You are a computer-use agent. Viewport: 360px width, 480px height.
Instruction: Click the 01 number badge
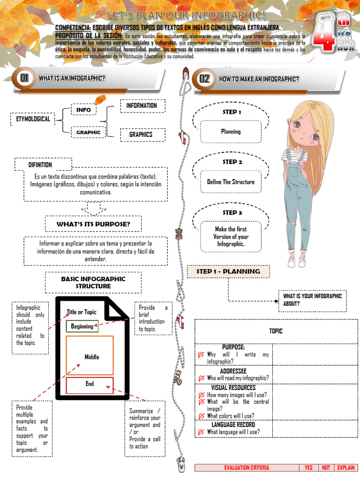(24, 78)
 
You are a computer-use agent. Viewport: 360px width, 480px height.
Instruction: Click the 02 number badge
(205, 79)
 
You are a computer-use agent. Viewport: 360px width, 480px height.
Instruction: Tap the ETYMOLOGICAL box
(30, 119)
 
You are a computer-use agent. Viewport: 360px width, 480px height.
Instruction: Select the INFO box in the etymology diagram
(83, 110)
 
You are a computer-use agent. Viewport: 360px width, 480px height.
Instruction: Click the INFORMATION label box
(142, 106)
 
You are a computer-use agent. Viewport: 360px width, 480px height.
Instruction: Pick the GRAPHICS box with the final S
(141, 135)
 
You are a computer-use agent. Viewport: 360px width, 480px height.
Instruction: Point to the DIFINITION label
(40, 165)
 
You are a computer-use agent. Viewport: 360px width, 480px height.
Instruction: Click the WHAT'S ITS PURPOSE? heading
(93, 224)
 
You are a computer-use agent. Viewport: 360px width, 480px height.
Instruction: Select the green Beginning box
(82, 326)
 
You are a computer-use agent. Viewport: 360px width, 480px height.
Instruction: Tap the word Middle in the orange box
(92, 357)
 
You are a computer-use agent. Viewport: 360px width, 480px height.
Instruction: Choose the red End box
(90, 384)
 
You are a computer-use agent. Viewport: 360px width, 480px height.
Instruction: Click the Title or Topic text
(82, 312)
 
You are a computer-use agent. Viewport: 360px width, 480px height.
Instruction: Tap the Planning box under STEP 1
(231, 132)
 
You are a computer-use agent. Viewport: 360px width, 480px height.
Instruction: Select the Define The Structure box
(231, 182)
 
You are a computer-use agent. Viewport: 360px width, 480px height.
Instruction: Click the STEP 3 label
(232, 213)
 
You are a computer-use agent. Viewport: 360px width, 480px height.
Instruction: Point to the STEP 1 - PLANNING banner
(228, 271)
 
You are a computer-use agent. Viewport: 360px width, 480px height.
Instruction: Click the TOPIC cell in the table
(276, 331)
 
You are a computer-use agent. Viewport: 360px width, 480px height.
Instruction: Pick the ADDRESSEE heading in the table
(233, 371)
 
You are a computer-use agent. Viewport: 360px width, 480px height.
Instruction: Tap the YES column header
(308, 468)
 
